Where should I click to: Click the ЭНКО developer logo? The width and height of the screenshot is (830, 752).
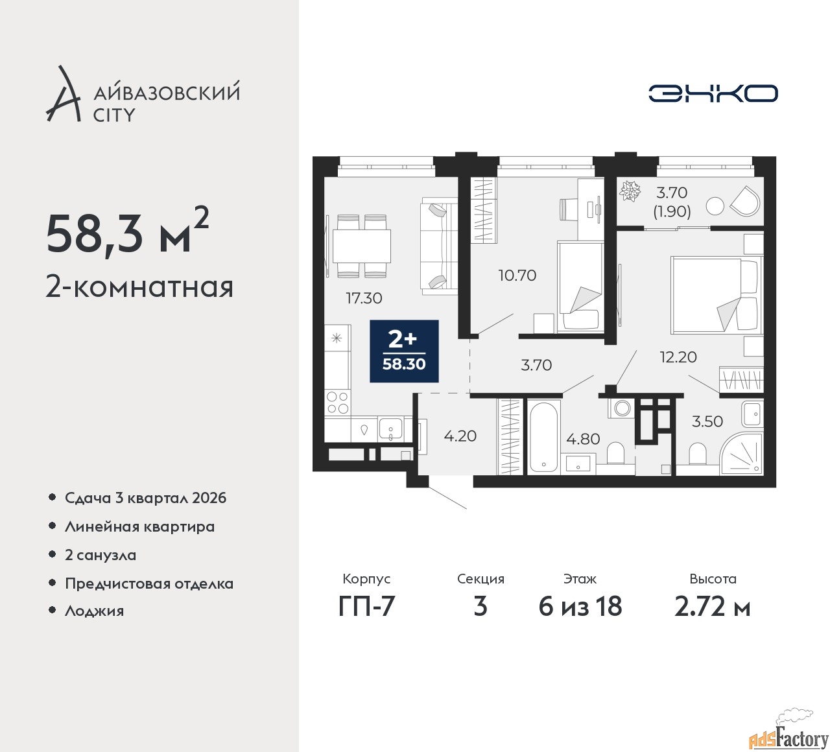(x=713, y=93)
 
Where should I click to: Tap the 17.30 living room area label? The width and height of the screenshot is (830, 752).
(x=364, y=298)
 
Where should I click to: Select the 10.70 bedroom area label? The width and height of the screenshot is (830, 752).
(x=517, y=276)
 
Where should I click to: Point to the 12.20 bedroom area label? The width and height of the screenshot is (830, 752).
(x=678, y=357)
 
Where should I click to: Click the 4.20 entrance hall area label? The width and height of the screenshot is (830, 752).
(x=460, y=436)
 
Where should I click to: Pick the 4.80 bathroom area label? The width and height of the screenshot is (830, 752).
(x=583, y=439)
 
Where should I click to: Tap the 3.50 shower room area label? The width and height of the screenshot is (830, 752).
(x=707, y=421)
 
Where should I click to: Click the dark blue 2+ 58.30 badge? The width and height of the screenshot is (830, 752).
(x=404, y=351)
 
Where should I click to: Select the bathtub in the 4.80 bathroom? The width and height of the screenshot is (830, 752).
(x=544, y=438)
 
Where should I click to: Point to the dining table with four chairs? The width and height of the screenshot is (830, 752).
(x=362, y=246)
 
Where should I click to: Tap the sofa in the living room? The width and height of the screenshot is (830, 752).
(x=438, y=246)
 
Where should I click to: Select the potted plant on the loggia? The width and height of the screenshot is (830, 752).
(x=630, y=191)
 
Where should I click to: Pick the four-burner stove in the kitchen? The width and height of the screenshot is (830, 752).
(x=337, y=402)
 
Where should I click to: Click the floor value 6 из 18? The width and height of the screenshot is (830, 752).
(x=580, y=607)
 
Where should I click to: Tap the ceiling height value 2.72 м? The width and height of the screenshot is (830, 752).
(x=712, y=607)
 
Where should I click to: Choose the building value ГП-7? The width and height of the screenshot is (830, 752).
(x=366, y=607)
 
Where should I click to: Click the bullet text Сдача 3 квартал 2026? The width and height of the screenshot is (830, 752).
(x=145, y=498)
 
